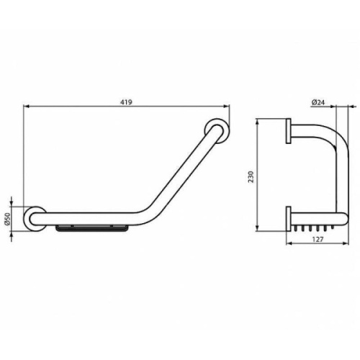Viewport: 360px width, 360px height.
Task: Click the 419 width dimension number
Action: [x=126, y=102]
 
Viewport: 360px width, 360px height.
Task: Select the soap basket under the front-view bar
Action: [x=92, y=229]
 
